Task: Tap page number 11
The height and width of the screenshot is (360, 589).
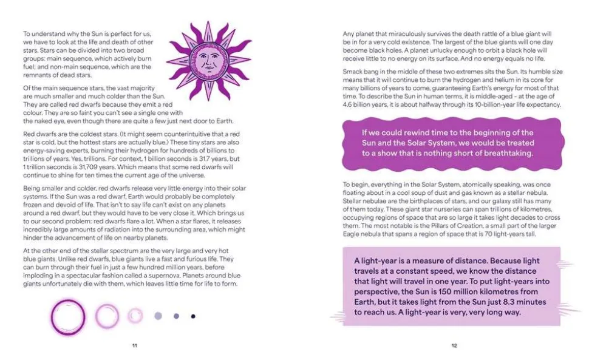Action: coord(134,345)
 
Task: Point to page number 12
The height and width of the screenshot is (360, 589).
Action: coord(454,345)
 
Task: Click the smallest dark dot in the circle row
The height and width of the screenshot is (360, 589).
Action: coord(193,316)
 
